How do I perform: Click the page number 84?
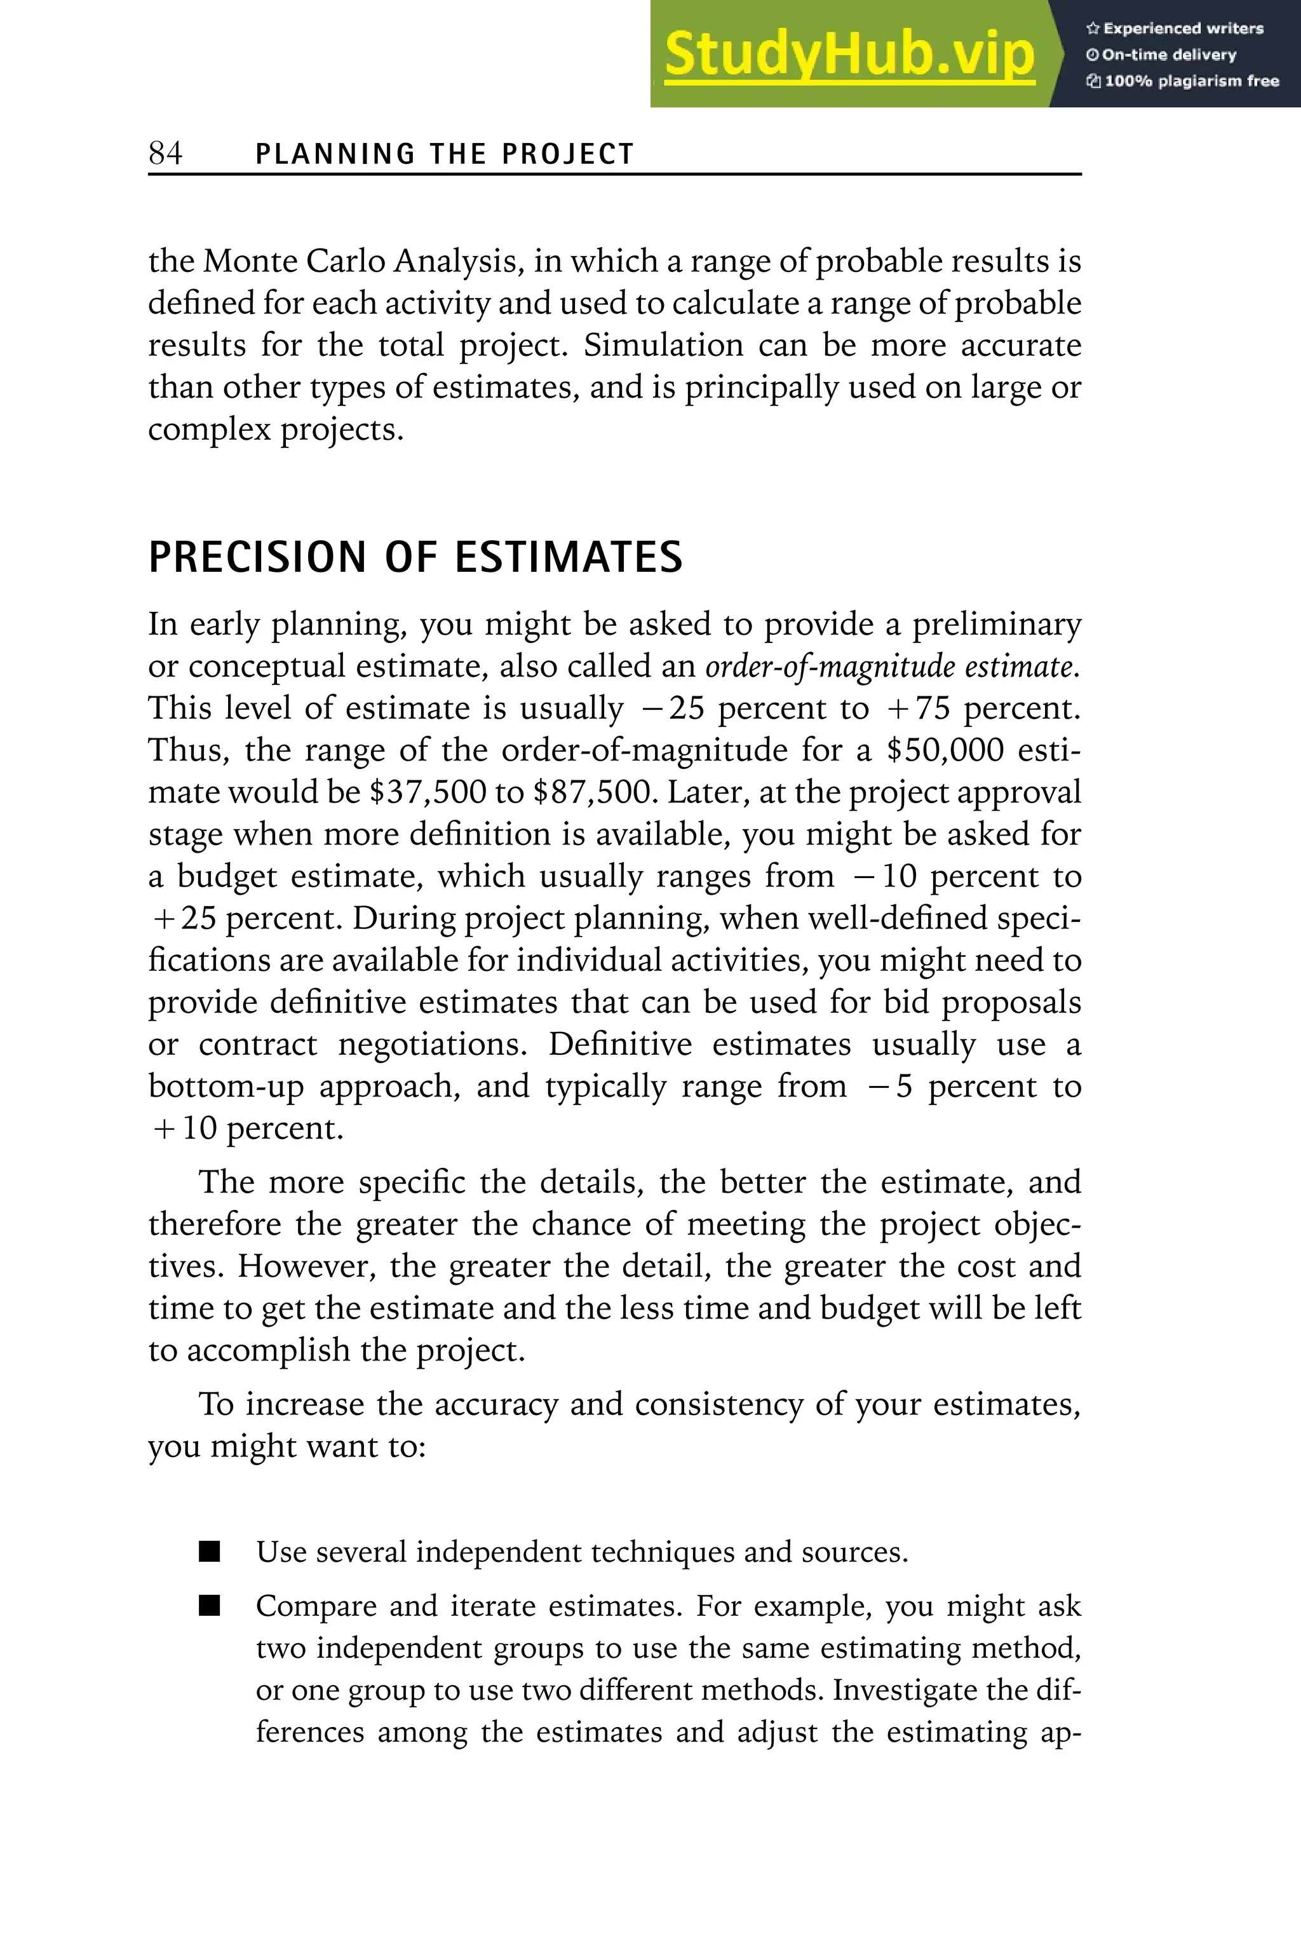[165, 154]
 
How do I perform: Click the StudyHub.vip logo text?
[849, 55]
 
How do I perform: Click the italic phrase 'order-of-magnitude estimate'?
[892, 667]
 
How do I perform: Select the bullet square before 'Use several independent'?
[210, 1552]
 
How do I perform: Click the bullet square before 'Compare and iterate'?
[210, 1607]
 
